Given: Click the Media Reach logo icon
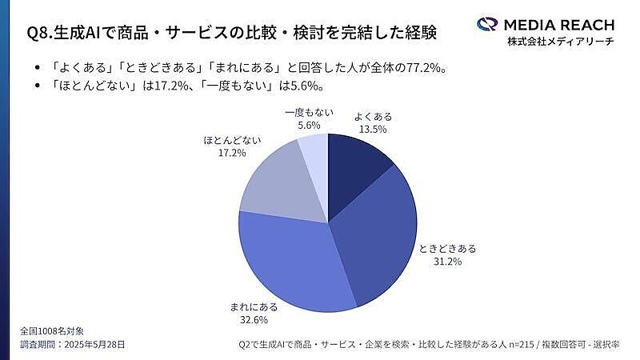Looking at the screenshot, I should point(487,24).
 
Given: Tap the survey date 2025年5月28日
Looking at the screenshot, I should point(94,344).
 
